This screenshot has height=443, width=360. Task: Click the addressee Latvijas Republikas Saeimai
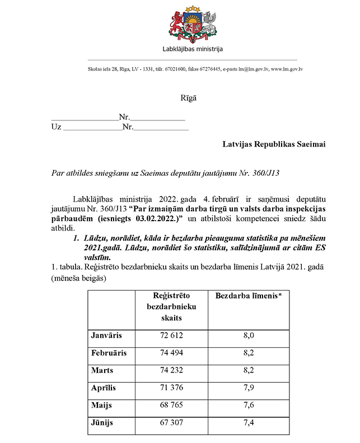click(274, 144)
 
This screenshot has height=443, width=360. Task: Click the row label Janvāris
click(106, 335)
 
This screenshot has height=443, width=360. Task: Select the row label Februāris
click(109, 353)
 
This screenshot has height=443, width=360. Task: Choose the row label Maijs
click(101, 405)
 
